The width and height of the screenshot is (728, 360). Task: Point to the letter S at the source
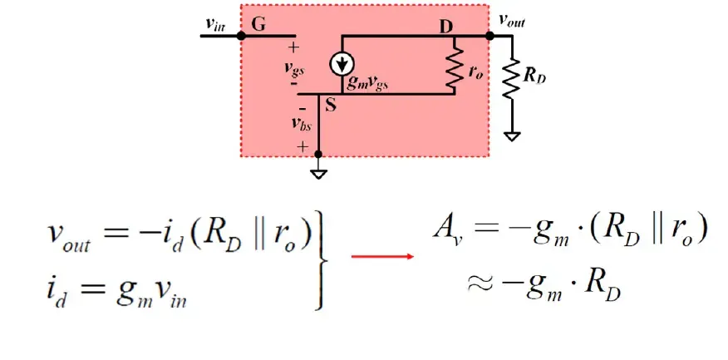point(331,106)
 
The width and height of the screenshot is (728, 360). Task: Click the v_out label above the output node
point(513,21)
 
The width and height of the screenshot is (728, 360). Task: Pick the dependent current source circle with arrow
point(342,64)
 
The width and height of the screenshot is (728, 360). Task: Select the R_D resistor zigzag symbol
point(512,77)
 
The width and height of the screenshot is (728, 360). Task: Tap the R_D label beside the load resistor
point(533,76)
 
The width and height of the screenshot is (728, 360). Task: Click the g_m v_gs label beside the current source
point(367,84)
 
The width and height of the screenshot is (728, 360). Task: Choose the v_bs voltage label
point(302,124)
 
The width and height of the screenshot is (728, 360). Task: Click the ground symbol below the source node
point(318,175)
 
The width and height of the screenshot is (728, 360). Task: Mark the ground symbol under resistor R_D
point(512,136)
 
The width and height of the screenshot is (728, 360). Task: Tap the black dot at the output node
point(489,36)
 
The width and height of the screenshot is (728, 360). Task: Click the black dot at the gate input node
point(240,36)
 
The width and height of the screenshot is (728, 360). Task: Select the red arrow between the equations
point(382,256)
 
